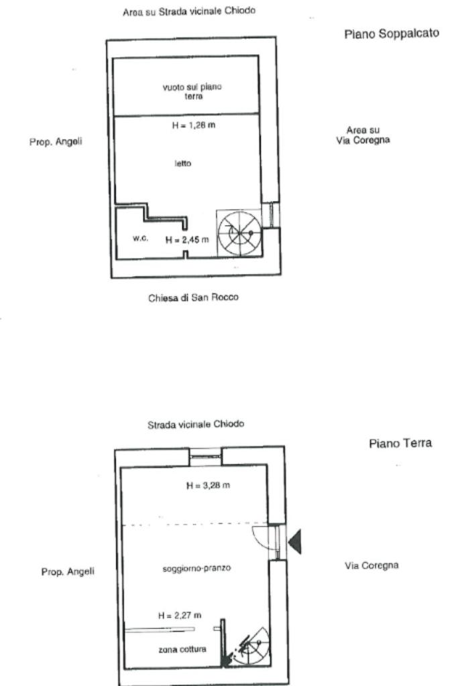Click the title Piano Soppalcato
[x=392, y=33]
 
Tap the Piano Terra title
[x=400, y=443]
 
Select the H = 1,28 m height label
[x=194, y=125]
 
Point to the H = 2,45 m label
[x=187, y=239]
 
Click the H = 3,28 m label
[x=208, y=485]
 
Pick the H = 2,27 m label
[x=180, y=615]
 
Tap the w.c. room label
[x=140, y=238]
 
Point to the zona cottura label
[x=182, y=649]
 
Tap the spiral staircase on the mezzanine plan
[x=239, y=232]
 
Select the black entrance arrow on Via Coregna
[x=294, y=541]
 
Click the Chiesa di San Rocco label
[x=193, y=297]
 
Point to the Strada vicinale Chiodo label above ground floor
[x=196, y=424]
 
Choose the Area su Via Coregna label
[x=363, y=135]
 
